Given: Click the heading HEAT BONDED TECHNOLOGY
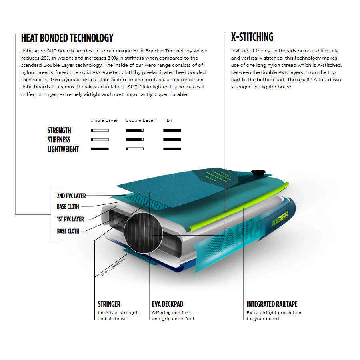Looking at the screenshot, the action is pyautogui.click(x=67, y=38).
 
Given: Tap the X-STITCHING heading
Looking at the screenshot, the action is pyautogui.click(x=252, y=37).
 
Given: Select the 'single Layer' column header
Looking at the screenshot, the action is pyautogui.click(x=104, y=120).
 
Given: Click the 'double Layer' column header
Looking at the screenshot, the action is pyautogui.click(x=140, y=120).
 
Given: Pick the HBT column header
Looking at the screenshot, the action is pyautogui.click(x=168, y=120).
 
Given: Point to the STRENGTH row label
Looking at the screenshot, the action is pyautogui.click(x=59, y=130).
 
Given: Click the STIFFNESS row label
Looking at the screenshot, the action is pyautogui.click(x=59, y=140).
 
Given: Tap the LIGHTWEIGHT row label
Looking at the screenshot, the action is pyautogui.click(x=63, y=149).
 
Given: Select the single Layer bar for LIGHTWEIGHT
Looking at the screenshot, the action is pyautogui.click(x=100, y=149).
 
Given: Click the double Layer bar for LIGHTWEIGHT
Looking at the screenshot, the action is pyautogui.click(x=135, y=149).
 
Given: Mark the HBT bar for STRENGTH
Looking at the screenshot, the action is pyautogui.click(x=172, y=130).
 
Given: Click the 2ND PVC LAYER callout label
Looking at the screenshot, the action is pyautogui.click(x=72, y=196).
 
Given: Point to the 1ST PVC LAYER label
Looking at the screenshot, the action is pyautogui.click(x=70, y=219).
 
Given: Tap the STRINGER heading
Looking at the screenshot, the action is pyautogui.click(x=109, y=304).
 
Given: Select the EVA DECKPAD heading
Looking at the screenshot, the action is pyautogui.click(x=168, y=304).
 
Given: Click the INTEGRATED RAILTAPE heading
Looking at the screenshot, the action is pyautogui.click(x=272, y=304).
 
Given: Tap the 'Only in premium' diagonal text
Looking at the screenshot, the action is pyautogui.click(x=113, y=267).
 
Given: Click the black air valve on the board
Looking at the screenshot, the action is pyautogui.click(x=258, y=172).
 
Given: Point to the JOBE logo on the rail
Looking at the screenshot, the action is pyautogui.click(x=280, y=218).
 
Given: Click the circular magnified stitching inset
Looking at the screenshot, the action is pyautogui.click(x=143, y=233).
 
